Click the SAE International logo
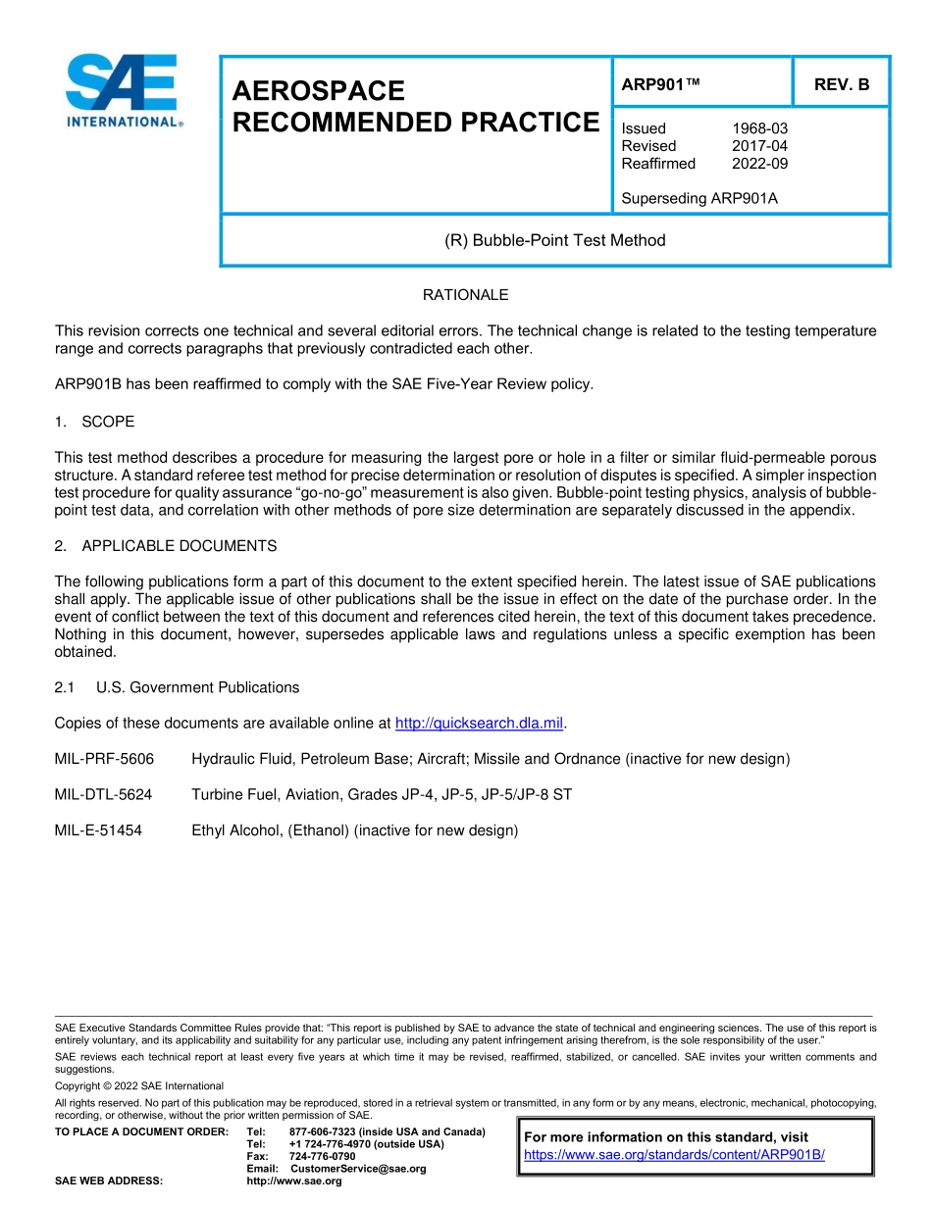123,90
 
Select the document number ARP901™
660,84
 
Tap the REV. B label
841,84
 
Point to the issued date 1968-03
759,128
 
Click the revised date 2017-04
759,146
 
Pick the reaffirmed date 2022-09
759,164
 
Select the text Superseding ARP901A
699,199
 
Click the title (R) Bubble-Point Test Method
554,240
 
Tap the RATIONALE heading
465,295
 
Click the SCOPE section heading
108,422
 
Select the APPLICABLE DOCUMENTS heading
179,546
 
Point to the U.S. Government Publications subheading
197,687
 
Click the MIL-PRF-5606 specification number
105,759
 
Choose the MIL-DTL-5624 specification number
105,795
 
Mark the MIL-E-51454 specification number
99,830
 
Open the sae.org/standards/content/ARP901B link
674,1155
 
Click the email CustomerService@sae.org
358,1169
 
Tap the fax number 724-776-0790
322,1156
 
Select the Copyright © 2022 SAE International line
139,1086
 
